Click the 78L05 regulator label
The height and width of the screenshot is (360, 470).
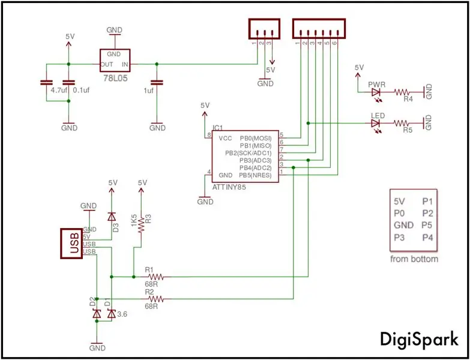point(115,79)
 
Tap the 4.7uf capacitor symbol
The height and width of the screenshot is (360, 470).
point(46,82)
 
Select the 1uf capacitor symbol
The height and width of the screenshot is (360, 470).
point(157,82)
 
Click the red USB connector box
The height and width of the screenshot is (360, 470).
point(71,243)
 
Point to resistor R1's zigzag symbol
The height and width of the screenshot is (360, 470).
point(156,277)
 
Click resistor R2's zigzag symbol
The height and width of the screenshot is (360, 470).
point(156,299)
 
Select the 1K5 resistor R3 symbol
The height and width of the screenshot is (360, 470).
point(141,225)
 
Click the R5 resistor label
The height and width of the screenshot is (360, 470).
point(408,130)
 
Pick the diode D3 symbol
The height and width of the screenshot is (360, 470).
point(112,216)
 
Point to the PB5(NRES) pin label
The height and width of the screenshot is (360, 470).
point(255,175)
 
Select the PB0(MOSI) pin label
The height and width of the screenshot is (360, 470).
point(255,139)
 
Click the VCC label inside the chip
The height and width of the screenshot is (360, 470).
point(225,139)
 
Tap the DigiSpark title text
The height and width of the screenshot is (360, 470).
point(420,340)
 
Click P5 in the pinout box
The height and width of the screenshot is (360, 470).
point(427,225)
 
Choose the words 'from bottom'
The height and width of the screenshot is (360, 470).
point(414,259)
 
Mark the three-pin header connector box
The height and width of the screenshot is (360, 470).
point(264,29)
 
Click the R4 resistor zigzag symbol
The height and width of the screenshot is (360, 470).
point(402,92)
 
